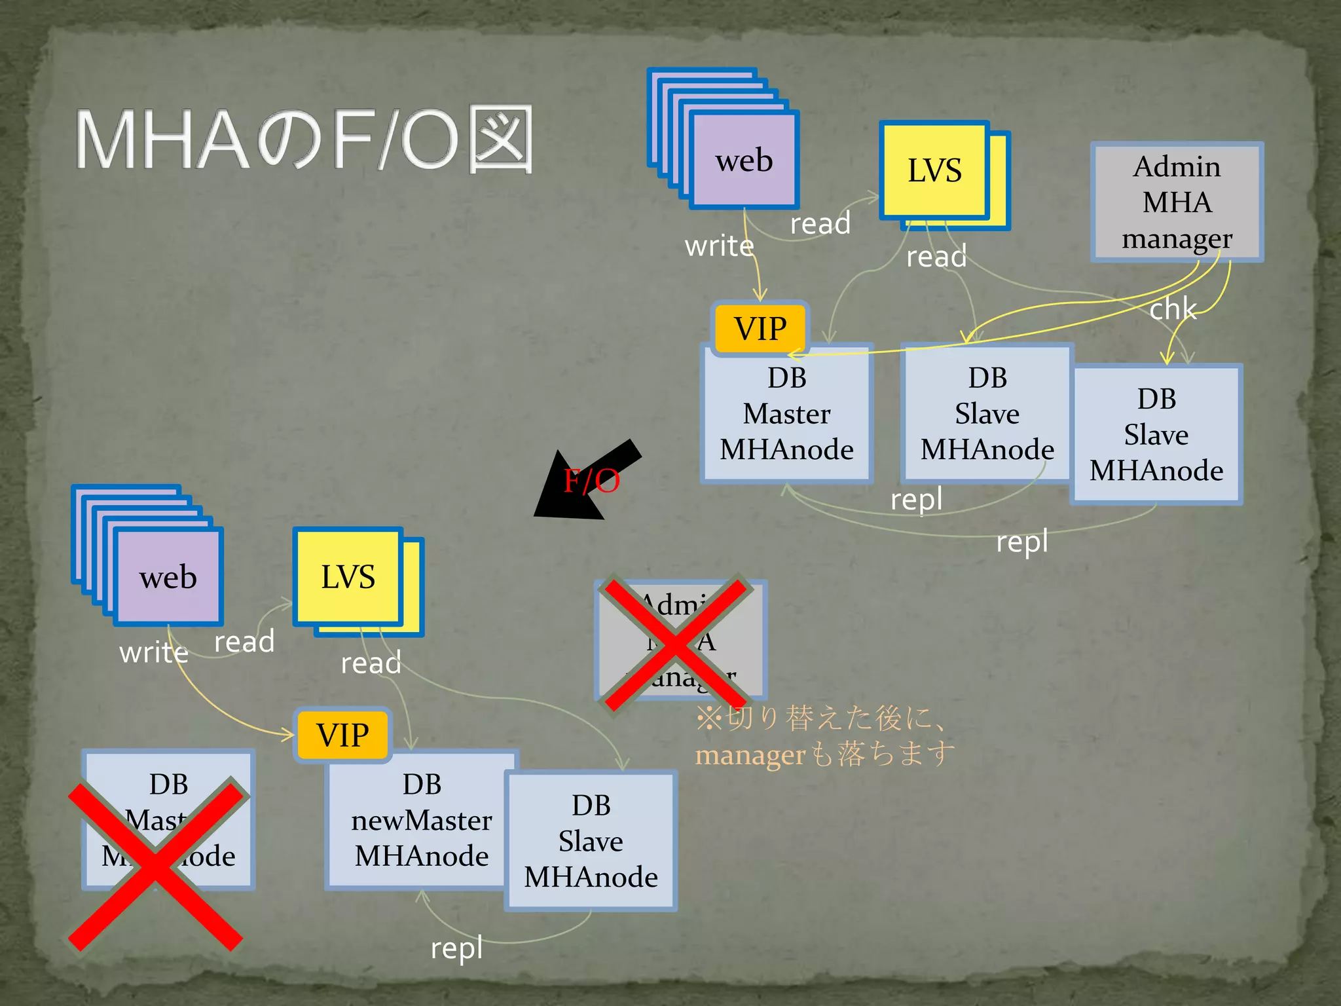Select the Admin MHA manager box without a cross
pos(1177,202)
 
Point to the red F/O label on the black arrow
pos(591,481)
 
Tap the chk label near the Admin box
pos(1173,309)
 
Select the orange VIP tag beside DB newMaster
pos(342,735)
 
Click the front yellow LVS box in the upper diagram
pos(934,170)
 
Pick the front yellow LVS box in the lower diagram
pos(348,577)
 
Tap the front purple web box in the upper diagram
pos(744,160)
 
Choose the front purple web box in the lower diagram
pos(168,577)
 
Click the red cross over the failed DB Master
pos(156,865)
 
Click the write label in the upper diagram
pos(719,246)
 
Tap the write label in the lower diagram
pos(154,652)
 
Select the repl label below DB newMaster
pos(456,948)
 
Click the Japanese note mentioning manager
pos(824,737)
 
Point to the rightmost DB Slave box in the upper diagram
pos(1156,435)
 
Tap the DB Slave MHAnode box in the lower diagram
pos(591,842)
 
